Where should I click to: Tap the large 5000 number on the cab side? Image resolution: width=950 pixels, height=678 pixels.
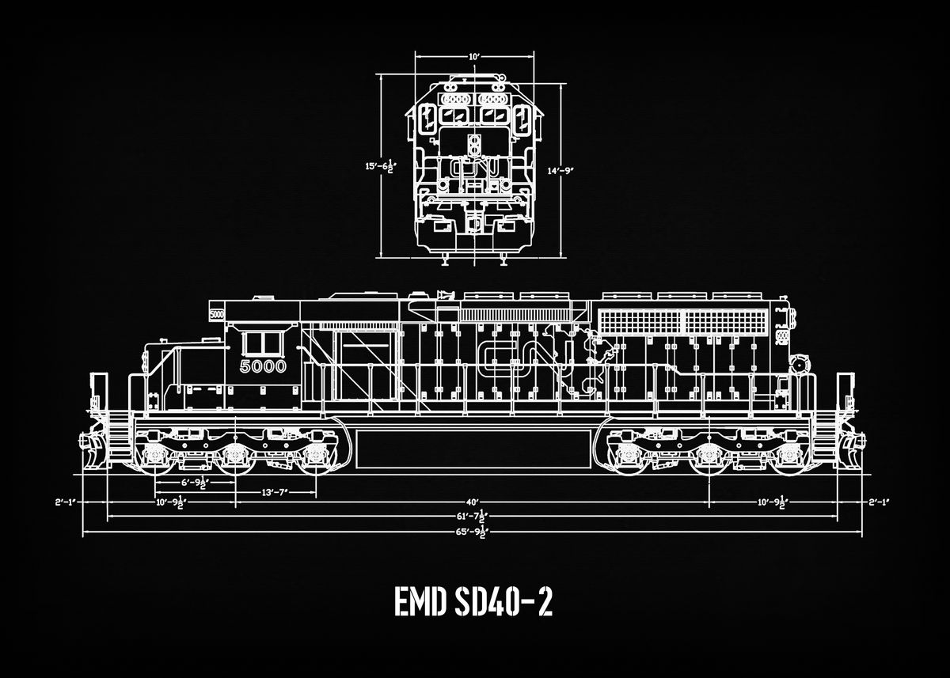pyautogui.click(x=262, y=367)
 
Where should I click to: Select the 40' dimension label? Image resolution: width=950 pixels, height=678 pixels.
pyautogui.click(x=473, y=502)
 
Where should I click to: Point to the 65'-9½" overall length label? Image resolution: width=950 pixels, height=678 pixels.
pyautogui.click(x=473, y=532)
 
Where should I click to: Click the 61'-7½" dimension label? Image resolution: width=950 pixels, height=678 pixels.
pyautogui.click(x=473, y=517)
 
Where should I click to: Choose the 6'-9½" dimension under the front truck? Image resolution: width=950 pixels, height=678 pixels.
pyautogui.click(x=193, y=483)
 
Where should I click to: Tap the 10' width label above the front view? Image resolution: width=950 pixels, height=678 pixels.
pyautogui.click(x=473, y=57)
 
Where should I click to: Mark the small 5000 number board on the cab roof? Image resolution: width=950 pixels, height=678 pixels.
pyautogui.click(x=216, y=314)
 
